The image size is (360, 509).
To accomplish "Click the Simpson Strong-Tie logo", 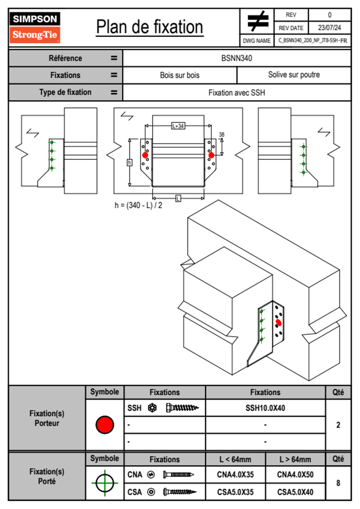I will [34, 27].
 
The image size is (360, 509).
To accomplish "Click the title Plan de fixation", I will [149, 27].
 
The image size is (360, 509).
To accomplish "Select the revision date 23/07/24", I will [329, 28].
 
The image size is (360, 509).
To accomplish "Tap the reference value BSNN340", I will [237, 58].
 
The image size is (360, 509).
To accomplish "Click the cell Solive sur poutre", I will [294, 75].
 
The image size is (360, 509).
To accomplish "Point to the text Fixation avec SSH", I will [237, 93].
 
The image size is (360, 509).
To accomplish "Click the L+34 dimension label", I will [178, 126].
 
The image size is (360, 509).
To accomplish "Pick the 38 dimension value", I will [221, 135].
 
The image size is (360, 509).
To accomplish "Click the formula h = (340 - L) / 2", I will [138, 205].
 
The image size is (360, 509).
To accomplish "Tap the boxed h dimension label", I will [129, 163].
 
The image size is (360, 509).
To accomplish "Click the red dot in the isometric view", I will [279, 323].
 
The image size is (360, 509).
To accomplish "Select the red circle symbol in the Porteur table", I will [105, 425].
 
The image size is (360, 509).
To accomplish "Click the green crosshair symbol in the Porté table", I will [105, 483].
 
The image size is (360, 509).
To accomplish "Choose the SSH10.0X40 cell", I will [265, 408].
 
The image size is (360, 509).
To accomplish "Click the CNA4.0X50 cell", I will [295, 475].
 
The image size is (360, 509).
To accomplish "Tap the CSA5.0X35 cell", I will [235, 492].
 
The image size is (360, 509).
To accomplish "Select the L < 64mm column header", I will [235, 459].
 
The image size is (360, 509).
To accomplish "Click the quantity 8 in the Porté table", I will [338, 483].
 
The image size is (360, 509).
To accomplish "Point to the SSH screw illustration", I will [182, 408].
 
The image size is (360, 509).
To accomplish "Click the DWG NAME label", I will [257, 41].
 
